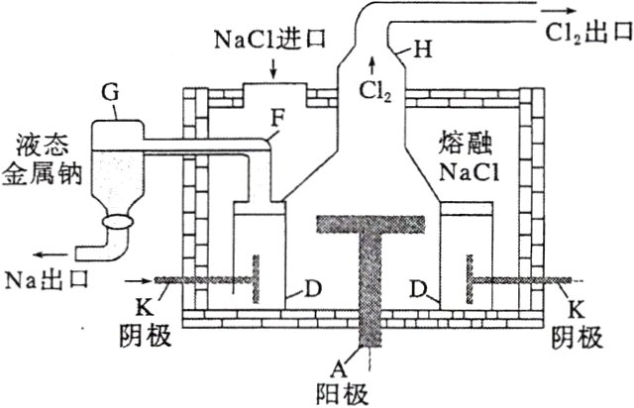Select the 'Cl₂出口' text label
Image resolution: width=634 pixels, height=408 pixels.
585,31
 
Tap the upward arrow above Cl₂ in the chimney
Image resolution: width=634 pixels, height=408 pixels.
371,67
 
